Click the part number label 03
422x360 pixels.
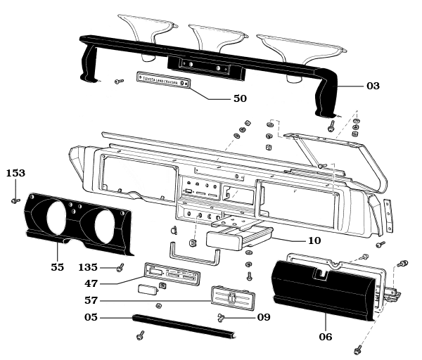373,86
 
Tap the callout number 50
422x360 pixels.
240,99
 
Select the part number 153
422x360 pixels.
15,173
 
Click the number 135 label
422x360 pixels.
88,267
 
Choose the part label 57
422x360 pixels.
91,300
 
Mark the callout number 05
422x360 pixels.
91,317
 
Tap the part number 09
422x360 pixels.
263,317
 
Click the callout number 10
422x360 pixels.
314,240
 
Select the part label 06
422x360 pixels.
325,337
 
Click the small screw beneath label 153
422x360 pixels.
15,200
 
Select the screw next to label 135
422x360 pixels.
120,267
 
